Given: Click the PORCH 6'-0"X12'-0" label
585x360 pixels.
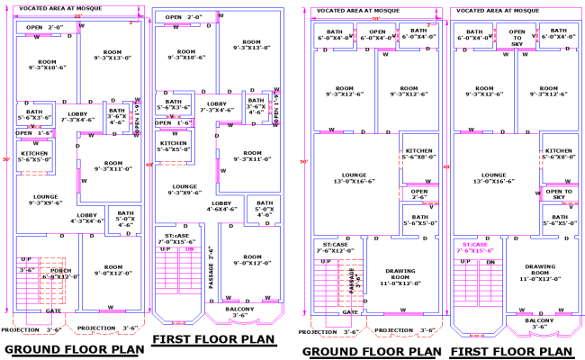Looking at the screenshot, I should [59, 273].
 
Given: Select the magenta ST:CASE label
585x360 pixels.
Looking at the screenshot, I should [475, 247].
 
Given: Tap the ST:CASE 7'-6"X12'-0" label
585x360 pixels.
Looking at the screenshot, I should [335, 247].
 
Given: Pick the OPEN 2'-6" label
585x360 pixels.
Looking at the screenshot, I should [419, 193].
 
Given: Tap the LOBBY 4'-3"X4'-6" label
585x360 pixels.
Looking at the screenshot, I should [87, 218].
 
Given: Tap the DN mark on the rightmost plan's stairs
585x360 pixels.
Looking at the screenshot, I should [490, 261].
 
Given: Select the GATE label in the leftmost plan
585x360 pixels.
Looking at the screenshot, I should [51, 310].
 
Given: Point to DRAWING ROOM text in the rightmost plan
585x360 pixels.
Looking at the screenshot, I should [540, 270].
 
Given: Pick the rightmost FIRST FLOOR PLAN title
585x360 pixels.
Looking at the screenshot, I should [510, 351].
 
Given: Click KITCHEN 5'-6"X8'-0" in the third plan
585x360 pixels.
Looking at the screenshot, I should [419, 154].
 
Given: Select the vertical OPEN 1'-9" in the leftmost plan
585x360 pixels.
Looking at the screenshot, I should [138, 118].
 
